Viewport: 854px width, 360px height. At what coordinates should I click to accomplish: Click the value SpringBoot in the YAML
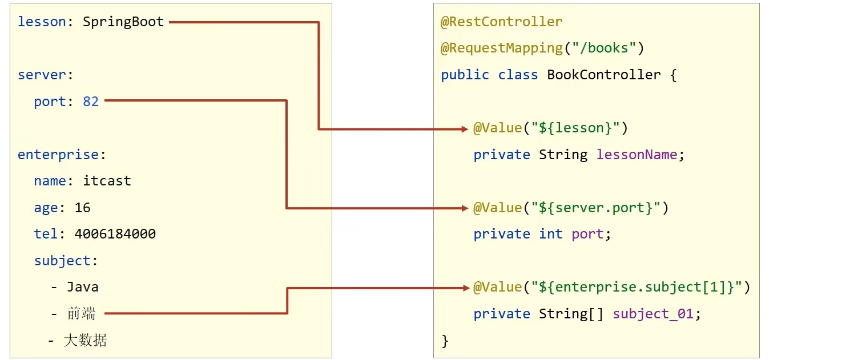coord(123,22)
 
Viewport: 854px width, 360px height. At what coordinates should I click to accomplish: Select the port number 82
coord(91,102)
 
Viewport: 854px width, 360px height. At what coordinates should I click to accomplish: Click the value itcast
coord(107,181)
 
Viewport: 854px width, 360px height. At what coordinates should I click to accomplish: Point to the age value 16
coord(83,208)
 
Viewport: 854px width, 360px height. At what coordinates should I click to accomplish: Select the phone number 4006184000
coord(115,234)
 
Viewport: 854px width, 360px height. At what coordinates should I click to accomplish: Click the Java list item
coord(82,287)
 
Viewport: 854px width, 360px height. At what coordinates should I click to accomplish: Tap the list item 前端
coord(81,313)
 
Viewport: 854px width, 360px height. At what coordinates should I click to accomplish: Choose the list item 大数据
coord(85,341)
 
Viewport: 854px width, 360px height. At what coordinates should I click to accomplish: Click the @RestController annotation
coord(501,22)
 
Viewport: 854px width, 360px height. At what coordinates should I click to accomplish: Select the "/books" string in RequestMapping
coord(604,48)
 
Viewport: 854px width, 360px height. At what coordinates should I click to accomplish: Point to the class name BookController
coord(603,75)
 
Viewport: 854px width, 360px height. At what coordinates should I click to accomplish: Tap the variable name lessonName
coord(637,155)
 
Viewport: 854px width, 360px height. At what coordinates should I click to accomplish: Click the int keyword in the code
coord(550,234)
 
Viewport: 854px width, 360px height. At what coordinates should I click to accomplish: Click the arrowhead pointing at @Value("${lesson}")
coord(465,129)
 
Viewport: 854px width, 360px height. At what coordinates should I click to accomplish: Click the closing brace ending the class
coord(445,341)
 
